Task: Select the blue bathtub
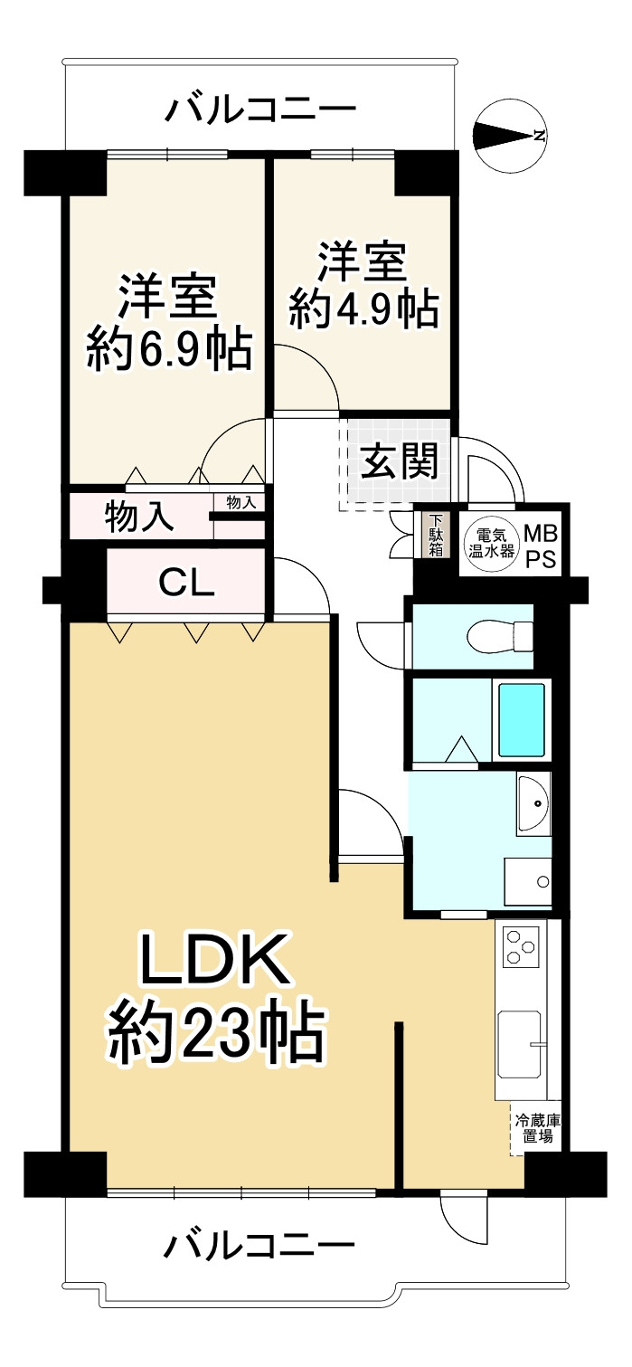[523, 719]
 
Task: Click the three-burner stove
[520, 946]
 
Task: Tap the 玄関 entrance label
[400, 462]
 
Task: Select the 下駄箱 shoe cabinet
[436, 536]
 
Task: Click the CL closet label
[186, 583]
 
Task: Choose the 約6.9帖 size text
[169, 348]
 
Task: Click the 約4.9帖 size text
[363, 309]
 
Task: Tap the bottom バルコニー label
[259, 1247]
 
